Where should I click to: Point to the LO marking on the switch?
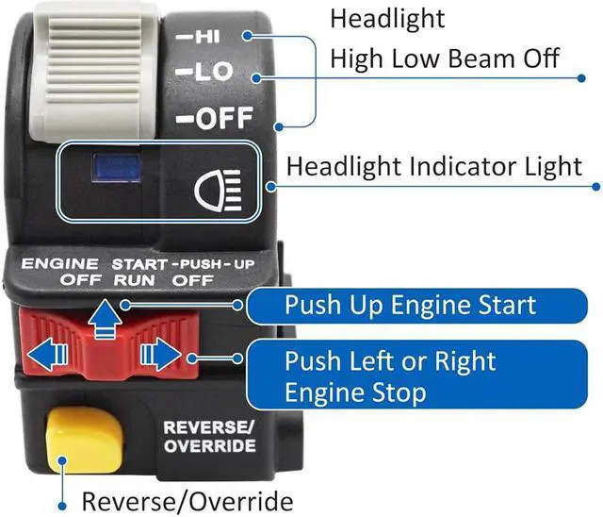click(200, 72)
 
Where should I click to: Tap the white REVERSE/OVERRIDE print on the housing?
click(209, 436)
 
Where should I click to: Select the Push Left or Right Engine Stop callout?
click(410, 375)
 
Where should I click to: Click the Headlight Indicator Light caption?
click(434, 167)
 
